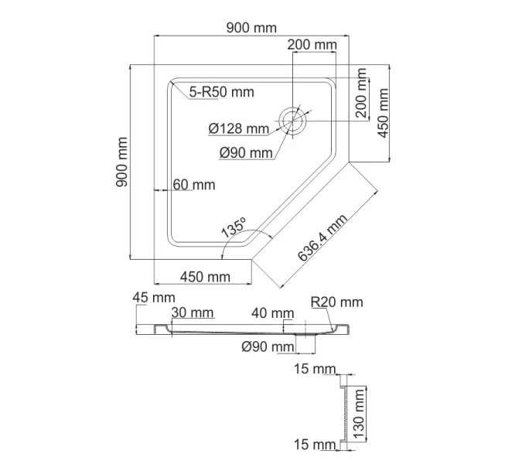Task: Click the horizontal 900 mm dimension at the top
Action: tap(251, 28)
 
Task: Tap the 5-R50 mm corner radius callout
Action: tap(222, 92)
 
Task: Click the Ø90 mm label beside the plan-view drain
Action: tap(246, 152)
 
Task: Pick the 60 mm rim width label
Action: tap(194, 185)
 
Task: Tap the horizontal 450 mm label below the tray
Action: tap(205, 276)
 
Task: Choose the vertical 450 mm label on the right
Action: tap(381, 113)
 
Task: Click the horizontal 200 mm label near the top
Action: tap(312, 45)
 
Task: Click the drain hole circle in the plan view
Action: tap(294, 119)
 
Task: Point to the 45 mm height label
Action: tap(154, 297)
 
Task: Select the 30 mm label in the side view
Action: tap(193, 312)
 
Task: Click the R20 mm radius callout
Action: tap(336, 302)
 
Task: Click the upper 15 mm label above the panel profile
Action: tap(315, 369)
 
